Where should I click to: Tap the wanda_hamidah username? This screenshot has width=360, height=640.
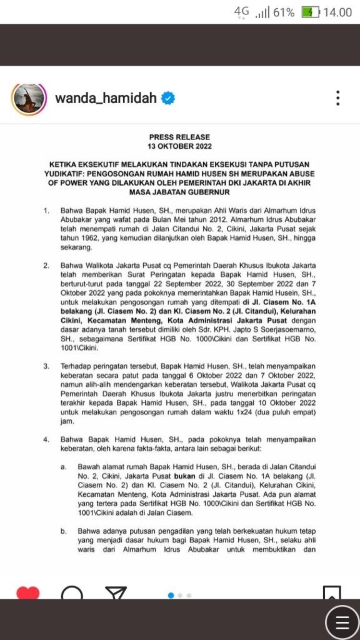point(106,98)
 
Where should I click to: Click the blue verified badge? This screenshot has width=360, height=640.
point(169,98)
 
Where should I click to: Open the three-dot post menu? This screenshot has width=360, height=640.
point(337,98)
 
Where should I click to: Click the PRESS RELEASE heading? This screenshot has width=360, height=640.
point(179,137)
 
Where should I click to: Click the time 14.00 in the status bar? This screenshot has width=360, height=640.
point(337,12)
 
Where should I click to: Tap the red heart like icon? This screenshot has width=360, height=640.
point(27,592)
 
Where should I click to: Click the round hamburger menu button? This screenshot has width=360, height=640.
point(342,622)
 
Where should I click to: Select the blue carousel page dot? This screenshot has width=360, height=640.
point(171,595)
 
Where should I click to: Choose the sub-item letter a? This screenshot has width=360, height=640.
point(63,466)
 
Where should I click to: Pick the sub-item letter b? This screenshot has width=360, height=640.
point(63,531)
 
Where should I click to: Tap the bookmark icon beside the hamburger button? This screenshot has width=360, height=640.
point(331,591)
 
